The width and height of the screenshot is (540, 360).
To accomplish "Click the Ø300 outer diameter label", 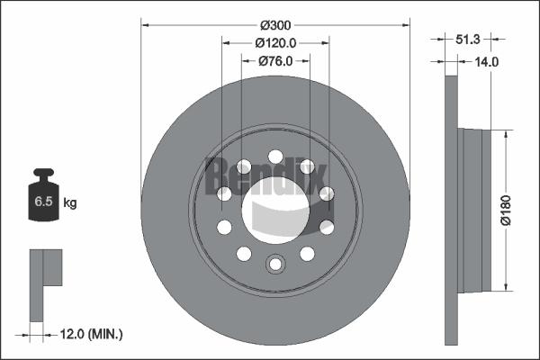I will click(274, 26).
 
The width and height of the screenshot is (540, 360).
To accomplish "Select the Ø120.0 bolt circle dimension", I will click(275, 43).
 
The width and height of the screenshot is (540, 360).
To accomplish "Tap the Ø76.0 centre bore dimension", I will click(275, 61).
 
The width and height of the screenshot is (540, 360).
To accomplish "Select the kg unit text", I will click(71, 203).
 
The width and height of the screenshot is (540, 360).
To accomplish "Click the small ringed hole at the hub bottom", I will click(275, 263).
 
